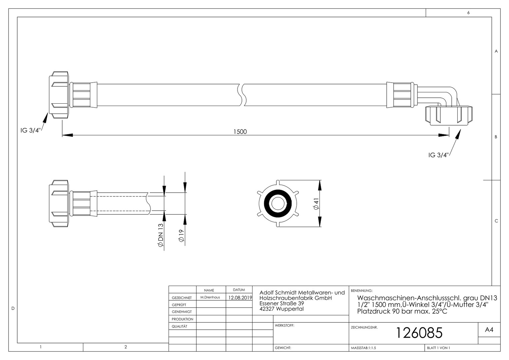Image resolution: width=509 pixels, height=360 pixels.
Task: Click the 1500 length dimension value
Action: pos(240,132)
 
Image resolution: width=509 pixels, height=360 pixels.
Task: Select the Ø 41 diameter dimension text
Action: pos(316,204)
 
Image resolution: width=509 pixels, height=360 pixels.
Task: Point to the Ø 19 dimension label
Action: pos(181,236)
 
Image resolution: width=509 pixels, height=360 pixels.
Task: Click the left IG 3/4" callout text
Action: pos(30,131)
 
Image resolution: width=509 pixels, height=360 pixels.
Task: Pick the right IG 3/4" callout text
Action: pos(439,155)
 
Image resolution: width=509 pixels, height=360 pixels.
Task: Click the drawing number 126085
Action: pos(419,333)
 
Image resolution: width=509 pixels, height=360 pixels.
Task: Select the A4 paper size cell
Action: pos(489,330)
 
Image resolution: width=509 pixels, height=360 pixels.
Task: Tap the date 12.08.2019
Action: pos(240,297)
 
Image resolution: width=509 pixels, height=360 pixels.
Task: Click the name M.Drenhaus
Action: pos(210,297)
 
